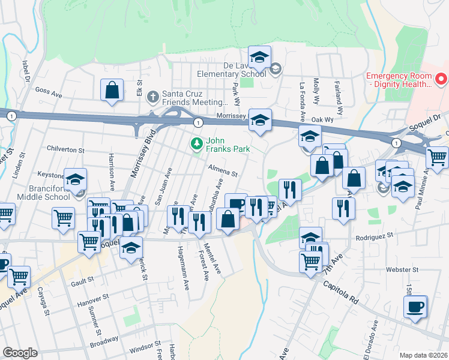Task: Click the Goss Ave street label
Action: coord(49,94)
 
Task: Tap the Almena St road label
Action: coord(223,171)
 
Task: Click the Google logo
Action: coord(20,353)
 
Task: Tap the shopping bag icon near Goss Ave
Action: coord(112,91)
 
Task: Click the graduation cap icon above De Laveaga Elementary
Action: coord(259,58)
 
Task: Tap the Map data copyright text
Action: coord(423,355)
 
